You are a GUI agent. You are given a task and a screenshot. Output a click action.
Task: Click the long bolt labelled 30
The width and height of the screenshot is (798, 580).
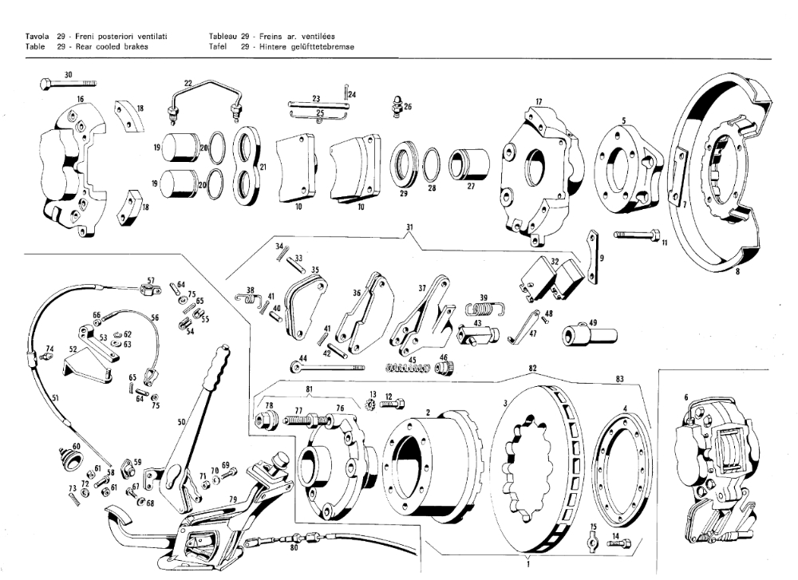[x=67, y=82]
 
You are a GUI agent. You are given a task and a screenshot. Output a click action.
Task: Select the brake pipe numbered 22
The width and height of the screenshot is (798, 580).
[x=203, y=93]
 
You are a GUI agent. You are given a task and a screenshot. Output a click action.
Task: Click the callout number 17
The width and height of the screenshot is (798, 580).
[x=539, y=102]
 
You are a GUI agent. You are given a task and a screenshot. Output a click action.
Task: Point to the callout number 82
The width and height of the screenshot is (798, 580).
[x=531, y=369]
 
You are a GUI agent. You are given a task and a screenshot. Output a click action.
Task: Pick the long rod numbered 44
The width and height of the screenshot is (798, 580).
[x=327, y=367]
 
